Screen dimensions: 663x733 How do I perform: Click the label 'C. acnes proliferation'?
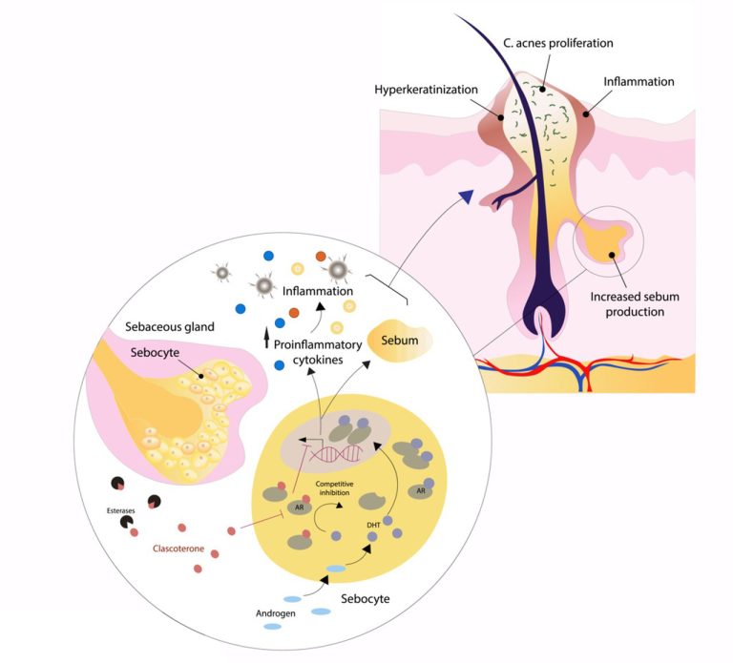pyautogui.click(x=557, y=43)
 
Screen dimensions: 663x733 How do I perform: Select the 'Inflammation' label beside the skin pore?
pyautogui.click(x=639, y=82)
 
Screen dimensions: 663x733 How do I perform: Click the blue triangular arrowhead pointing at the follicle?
pyautogui.click(x=466, y=197)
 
